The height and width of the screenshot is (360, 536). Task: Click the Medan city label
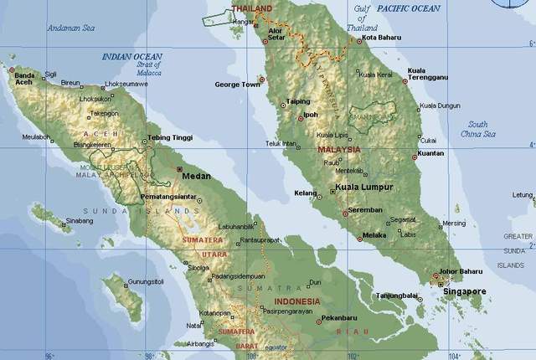tap(198, 177)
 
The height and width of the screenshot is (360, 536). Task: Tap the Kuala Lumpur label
tap(364, 188)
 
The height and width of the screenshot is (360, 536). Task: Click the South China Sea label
tap(478, 129)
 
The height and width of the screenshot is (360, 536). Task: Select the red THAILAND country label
tap(252, 9)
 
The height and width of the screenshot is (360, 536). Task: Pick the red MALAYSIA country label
tap(338, 150)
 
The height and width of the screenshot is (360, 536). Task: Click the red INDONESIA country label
tap(296, 301)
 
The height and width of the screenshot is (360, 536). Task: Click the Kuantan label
tap(430, 153)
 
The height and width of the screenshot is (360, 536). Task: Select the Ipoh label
tap(311, 115)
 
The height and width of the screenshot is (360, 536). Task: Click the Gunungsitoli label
tap(146, 282)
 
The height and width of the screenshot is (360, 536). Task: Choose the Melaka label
tap(374, 236)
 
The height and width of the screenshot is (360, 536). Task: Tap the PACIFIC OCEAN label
tap(408, 8)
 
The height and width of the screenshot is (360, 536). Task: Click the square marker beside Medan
tap(178, 169)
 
